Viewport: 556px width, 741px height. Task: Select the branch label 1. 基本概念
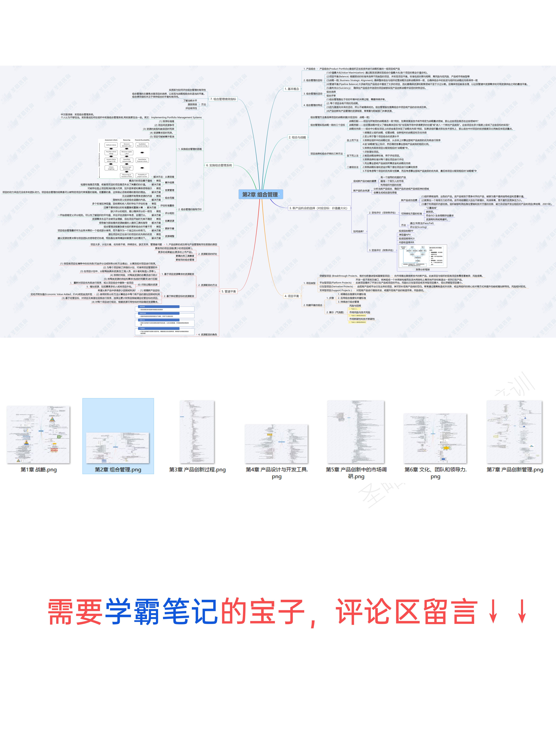click(x=292, y=89)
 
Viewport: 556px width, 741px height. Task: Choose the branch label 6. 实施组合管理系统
click(x=219, y=165)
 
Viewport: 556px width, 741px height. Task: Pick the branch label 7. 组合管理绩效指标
click(x=223, y=99)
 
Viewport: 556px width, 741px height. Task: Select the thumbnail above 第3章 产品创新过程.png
click(x=197, y=432)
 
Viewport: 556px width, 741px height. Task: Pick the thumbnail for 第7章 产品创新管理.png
click(x=514, y=432)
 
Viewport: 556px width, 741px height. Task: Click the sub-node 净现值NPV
click(x=405, y=235)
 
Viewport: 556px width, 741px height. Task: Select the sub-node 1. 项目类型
click(x=309, y=283)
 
